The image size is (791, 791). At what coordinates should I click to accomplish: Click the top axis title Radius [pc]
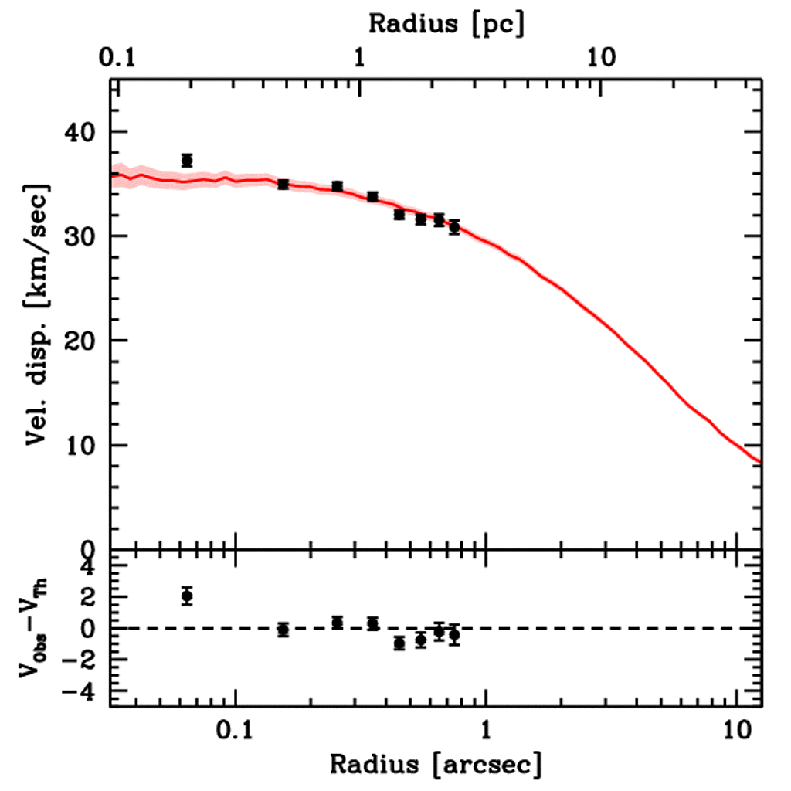446,24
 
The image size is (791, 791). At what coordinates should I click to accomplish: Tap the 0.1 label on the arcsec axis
235,729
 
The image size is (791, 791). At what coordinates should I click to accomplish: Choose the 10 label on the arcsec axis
735,729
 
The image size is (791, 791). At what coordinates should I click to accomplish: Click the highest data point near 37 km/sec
186,161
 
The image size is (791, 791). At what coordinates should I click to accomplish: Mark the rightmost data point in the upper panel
454,227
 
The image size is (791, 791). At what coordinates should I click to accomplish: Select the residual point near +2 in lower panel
186,596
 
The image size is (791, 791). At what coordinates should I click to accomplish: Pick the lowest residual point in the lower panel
399,643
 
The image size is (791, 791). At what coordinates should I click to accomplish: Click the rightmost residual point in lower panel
454,634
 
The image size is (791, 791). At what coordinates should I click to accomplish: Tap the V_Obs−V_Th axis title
36,629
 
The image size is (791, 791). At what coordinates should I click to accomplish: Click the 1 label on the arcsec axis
485,729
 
